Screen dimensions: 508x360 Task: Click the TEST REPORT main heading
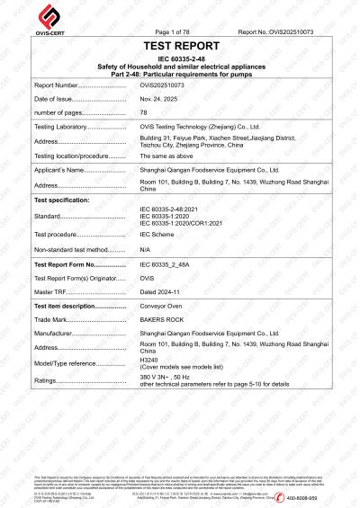(180, 45)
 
